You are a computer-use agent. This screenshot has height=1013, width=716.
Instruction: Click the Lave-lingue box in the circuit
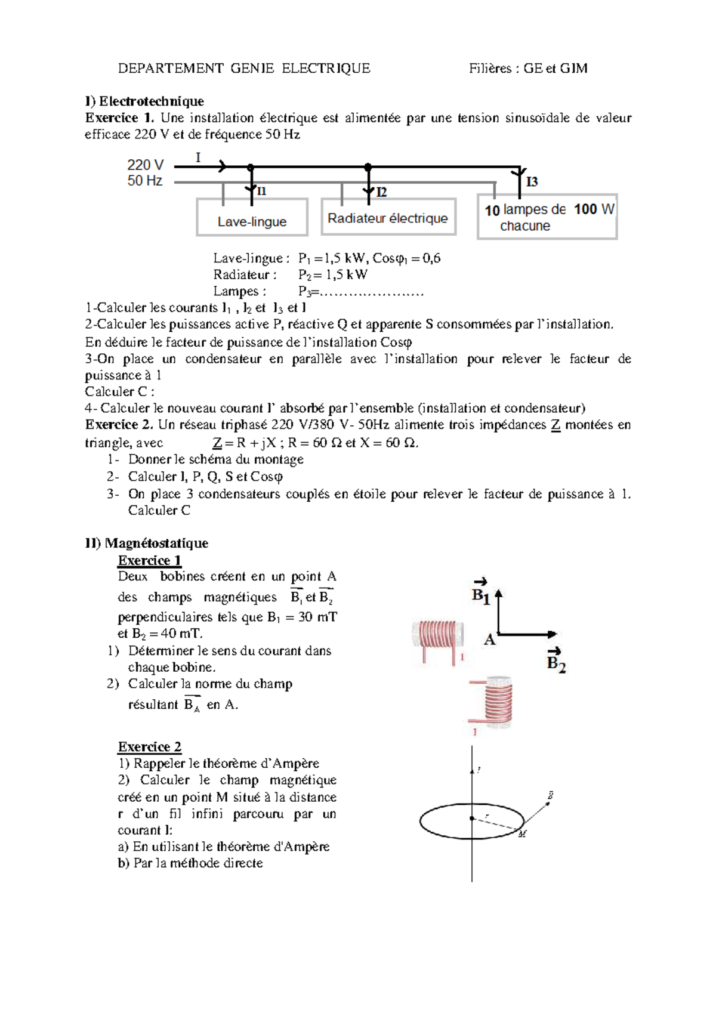tap(252, 218)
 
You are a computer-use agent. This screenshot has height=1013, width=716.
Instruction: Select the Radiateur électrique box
tap(388, 217)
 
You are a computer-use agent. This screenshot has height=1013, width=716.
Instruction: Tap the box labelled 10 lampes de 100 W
tap(547, 217)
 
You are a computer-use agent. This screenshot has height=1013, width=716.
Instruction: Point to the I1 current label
tap(261, 191)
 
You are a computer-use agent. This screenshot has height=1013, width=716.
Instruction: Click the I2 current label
tap(381, 192)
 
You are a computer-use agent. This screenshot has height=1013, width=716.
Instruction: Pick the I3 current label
tap(532, 181)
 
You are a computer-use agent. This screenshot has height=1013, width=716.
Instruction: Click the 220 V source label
tap(145, 165)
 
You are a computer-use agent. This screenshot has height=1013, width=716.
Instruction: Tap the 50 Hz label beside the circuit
tap(144, 181)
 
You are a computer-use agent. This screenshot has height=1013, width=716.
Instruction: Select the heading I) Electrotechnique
tap(144, 101)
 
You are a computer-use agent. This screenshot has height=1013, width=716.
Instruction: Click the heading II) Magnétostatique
tap(146, 543)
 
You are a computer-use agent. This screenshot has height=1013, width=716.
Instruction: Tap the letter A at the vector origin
tap(490, 640)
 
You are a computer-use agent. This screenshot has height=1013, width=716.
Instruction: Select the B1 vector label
tap(481, 595)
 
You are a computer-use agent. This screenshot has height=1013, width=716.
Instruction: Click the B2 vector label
tap(556, 662)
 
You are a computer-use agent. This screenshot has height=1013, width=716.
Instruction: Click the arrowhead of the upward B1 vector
tap(499, 594)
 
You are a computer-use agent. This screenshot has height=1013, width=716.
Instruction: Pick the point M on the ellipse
tap(523, 833)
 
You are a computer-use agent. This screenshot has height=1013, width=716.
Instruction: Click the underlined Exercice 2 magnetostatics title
tap(150, 747)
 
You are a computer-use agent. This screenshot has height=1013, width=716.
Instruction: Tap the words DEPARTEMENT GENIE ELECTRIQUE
tap(244, 69)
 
